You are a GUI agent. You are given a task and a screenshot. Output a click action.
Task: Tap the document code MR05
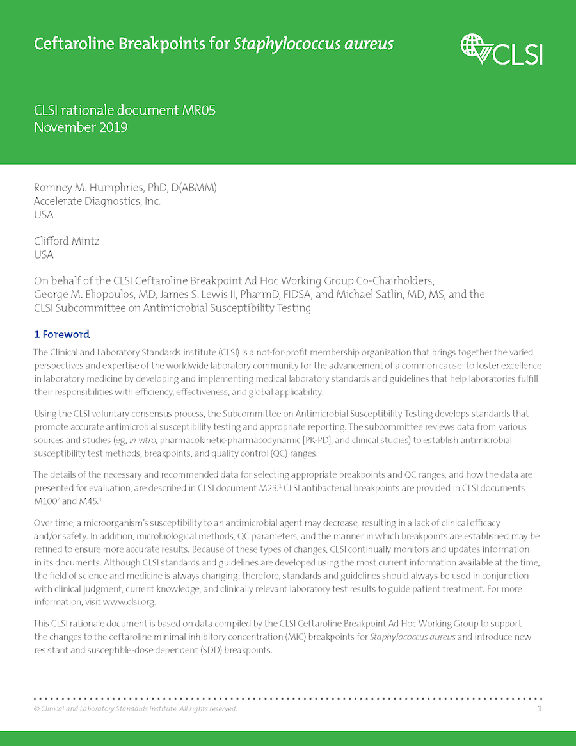(198, 110)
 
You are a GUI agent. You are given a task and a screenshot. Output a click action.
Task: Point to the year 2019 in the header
(113, 127)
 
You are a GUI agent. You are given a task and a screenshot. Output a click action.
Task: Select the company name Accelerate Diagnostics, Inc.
(97, 201)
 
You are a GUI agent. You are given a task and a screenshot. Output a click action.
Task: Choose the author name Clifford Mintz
(66, 241)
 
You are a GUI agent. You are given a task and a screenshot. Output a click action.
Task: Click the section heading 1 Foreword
(61, 334)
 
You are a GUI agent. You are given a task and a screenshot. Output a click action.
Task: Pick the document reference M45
(84, 501)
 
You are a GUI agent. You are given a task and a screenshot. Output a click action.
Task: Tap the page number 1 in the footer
(540, 708)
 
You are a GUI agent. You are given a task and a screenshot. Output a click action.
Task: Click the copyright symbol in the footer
(36, 708)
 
